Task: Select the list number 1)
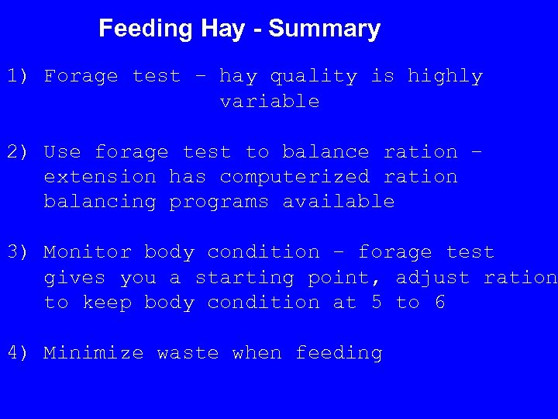[x=19, y=76]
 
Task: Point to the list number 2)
[x=19, y=152]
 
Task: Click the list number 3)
[x=19, y=252]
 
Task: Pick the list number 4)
[x=19, y=353]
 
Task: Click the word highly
[x=445, y=76]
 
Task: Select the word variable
[x=270, y=102]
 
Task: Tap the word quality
[x=313, y=76]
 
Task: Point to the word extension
[x=100, y=177]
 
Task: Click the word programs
[x=219, y=202]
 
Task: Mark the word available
[x=339, y=202]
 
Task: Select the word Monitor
[x=88, y=252]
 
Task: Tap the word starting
[x=244, y=278]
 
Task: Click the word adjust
[x=432, y=278]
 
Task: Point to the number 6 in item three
[x=439, y=303]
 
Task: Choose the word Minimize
[x=94, y=353]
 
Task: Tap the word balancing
[x=100, y=202]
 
